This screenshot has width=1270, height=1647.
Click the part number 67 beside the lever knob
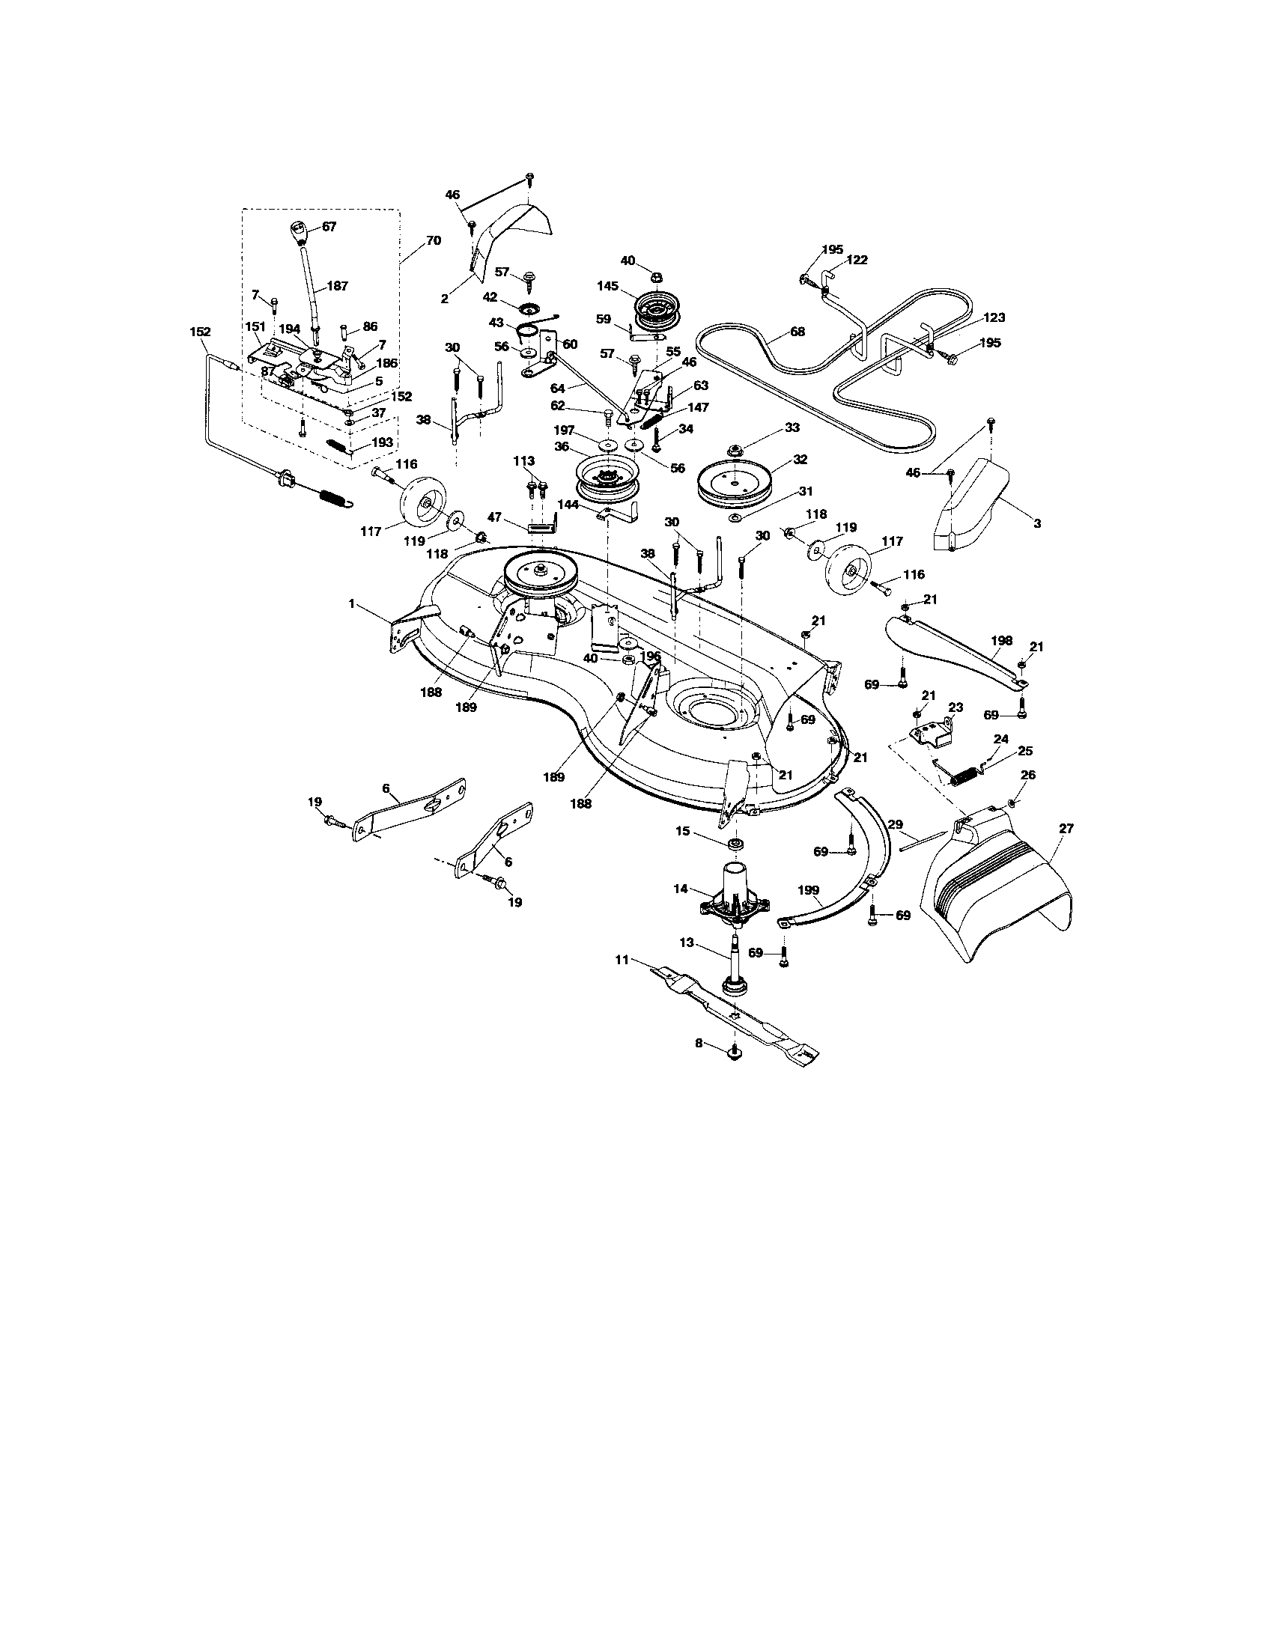(x=329, y=226)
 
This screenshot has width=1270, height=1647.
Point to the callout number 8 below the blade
(x=699, y=1044)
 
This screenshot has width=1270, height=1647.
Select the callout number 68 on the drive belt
(x=797, y=331)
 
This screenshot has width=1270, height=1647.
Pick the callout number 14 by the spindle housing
(x=681, y=889)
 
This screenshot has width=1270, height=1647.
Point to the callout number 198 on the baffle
(x=1001, y=640)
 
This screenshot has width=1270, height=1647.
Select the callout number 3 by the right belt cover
(x=1037, y=523)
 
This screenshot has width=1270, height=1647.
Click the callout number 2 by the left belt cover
(x=445, y=299)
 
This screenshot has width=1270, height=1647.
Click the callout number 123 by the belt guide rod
(x=993, y=317)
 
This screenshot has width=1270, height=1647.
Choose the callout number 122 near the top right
(x=857, y=261)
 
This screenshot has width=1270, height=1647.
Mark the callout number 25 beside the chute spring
(x=1025, y=751)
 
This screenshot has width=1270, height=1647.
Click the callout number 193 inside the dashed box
(x=383, y=442)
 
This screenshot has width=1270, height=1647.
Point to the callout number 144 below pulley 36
(x=568, y=505)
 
